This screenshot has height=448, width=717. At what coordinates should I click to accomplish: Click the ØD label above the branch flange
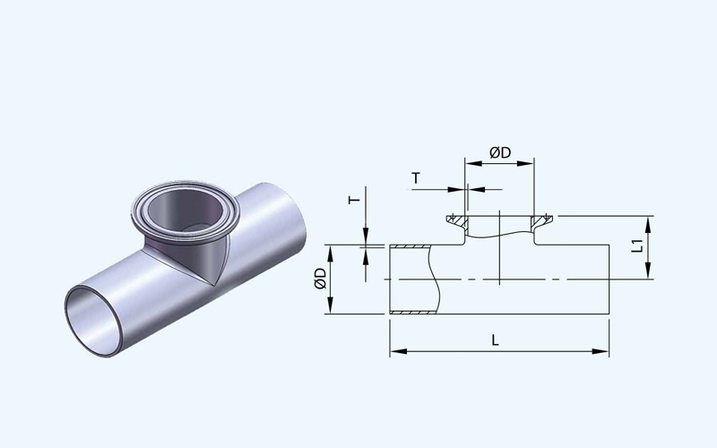[500, 152]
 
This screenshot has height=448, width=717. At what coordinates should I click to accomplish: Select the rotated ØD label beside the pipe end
[320, 279]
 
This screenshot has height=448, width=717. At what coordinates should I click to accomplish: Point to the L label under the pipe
[496, 340]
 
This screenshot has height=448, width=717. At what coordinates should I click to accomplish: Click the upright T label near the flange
[416, 177]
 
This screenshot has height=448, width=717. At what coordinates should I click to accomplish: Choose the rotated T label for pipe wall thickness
[354, 200]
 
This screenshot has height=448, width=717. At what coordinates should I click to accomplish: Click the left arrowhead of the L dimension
[398, 351]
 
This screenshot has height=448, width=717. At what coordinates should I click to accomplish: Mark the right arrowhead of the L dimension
[600, 351]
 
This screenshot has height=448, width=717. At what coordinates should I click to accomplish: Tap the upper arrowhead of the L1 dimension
[648, 225]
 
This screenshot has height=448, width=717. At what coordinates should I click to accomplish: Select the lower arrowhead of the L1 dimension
[648, 270]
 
